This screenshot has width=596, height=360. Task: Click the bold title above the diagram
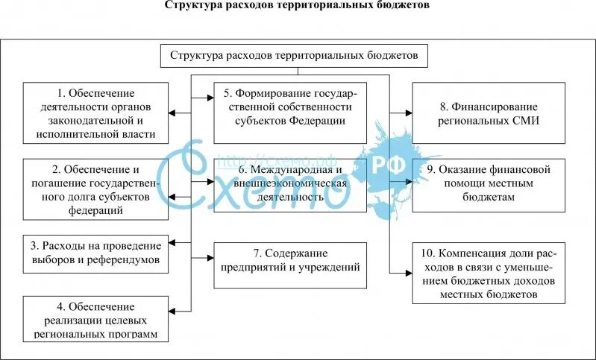click(x=297, y=6)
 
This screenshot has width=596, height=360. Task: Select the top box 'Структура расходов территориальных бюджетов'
click(x=298, y=56)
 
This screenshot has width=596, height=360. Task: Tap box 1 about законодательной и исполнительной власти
click(x=95, y=114)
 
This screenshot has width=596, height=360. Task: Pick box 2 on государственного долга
click(x=95, y=189)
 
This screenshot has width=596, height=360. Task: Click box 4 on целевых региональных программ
click(x=95, y=319)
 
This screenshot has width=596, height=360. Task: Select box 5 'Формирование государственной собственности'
click(x=290, y=112)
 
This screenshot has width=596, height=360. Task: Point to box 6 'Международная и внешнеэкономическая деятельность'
click(x=290, y=186)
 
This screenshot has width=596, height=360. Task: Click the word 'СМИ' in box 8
click(x=524, y=121)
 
